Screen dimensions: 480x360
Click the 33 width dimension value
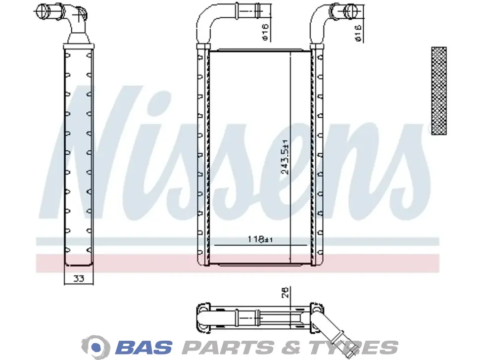click(x=79, y=278)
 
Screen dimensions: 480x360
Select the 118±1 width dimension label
click(x=260, y=239)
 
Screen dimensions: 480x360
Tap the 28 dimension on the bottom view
click(x=285, y=292)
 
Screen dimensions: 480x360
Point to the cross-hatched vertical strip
click(x=438, y=91)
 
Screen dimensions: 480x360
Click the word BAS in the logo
click(x=144, y=348)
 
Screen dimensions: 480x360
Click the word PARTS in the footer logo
click(x=228, y=348)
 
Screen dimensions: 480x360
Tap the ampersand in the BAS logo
click(x=290, y=348)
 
